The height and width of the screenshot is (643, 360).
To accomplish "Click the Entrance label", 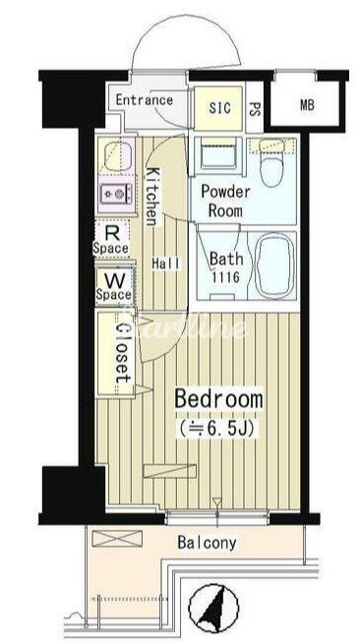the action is coord(144,99).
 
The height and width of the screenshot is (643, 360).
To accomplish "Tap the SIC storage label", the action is coord(219,108).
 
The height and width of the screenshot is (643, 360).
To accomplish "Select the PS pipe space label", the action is coord(254,108).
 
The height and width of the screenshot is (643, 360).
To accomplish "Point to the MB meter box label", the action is coord(307,105).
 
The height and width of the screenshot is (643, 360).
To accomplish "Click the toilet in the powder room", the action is coord(272,161).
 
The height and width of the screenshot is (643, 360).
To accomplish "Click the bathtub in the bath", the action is coord(273,265).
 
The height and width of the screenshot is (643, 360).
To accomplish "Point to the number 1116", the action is coord(225,277).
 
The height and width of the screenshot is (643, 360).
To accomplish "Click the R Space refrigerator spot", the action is coord(111,240).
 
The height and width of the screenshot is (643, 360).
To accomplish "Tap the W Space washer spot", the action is coord(114,287).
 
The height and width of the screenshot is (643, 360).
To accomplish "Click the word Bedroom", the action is coord(218,399).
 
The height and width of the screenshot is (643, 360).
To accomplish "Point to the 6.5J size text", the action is coord(217,429).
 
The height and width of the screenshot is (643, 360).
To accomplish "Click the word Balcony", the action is coord(208,543).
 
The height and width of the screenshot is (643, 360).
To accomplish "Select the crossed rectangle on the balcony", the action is coord(117,539).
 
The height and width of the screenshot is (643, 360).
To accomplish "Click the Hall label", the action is coord(165,263).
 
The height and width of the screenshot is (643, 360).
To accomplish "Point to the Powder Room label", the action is coord(225,201).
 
